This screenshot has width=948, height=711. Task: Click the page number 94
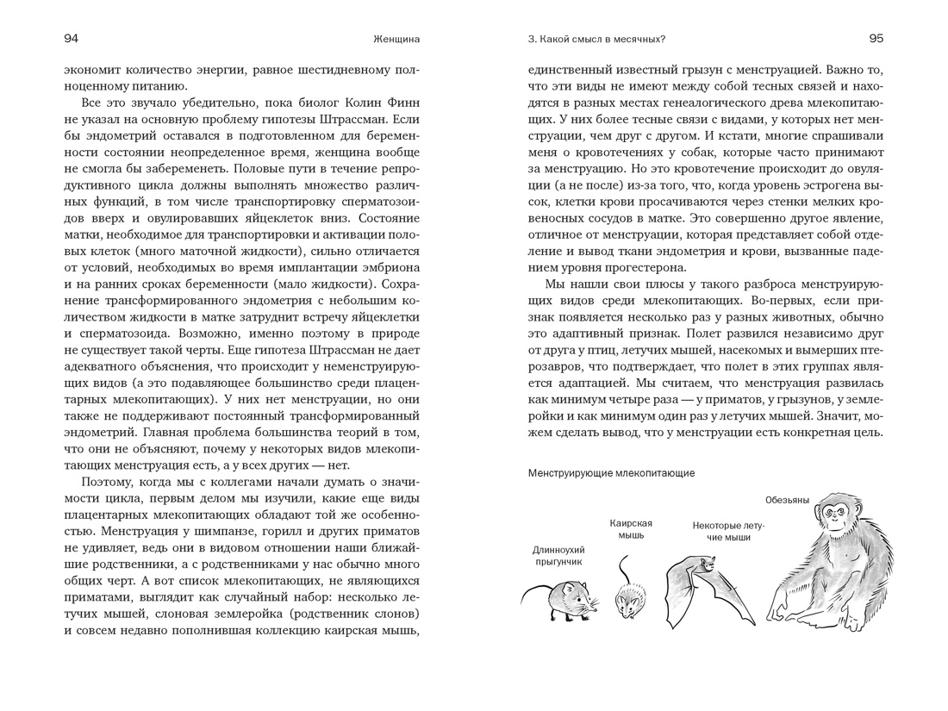point(72,39)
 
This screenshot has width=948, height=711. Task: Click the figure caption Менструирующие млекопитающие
point(611,473)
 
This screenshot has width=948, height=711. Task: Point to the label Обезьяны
point(786,500)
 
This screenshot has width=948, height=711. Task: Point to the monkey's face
point(834,515)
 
